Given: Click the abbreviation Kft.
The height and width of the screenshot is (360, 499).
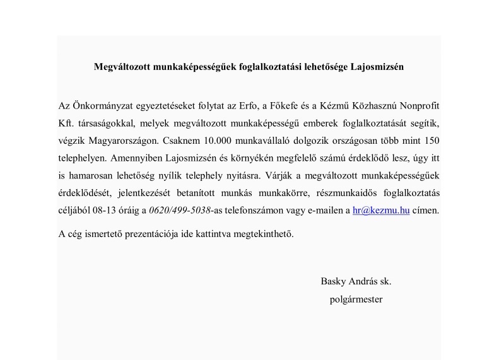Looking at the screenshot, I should pos(66,120).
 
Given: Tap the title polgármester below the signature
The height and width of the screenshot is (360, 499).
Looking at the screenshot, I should pos(356,299).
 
